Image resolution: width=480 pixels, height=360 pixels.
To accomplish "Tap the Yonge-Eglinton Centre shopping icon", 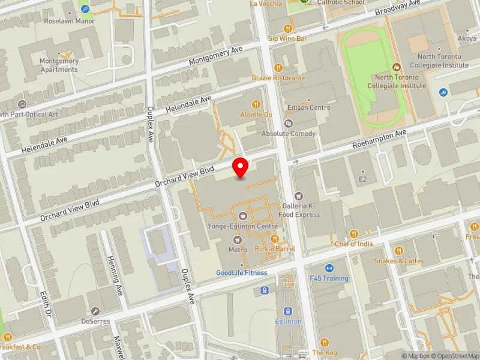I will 242,215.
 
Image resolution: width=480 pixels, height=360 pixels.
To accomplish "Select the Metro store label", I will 238,249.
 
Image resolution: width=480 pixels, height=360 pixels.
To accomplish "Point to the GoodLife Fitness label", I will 242,273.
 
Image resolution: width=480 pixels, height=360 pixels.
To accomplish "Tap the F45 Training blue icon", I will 329,268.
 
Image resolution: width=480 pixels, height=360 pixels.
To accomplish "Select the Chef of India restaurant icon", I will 354,233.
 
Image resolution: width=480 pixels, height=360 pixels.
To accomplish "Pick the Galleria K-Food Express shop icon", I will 298,196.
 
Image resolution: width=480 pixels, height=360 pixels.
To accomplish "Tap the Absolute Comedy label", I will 289,133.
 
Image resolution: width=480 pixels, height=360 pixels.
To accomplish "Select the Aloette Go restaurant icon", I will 256,103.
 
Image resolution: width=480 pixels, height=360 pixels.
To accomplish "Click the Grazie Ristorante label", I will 278,78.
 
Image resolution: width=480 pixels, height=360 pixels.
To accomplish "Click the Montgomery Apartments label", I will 59,65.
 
